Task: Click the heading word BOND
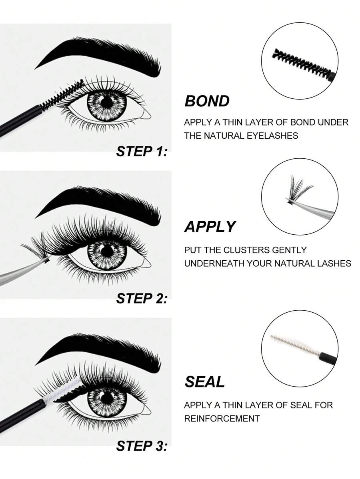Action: click(207, 101)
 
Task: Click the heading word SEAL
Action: click(204, 382)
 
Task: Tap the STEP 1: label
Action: click(142, 152)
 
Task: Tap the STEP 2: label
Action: click(142, 298)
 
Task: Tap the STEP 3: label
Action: click(142, 446)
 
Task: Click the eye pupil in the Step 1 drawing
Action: click(107, 102)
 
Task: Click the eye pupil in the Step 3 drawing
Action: click(107, 398)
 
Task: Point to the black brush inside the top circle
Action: click(303, 62)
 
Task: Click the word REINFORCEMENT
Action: click(222, 419)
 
